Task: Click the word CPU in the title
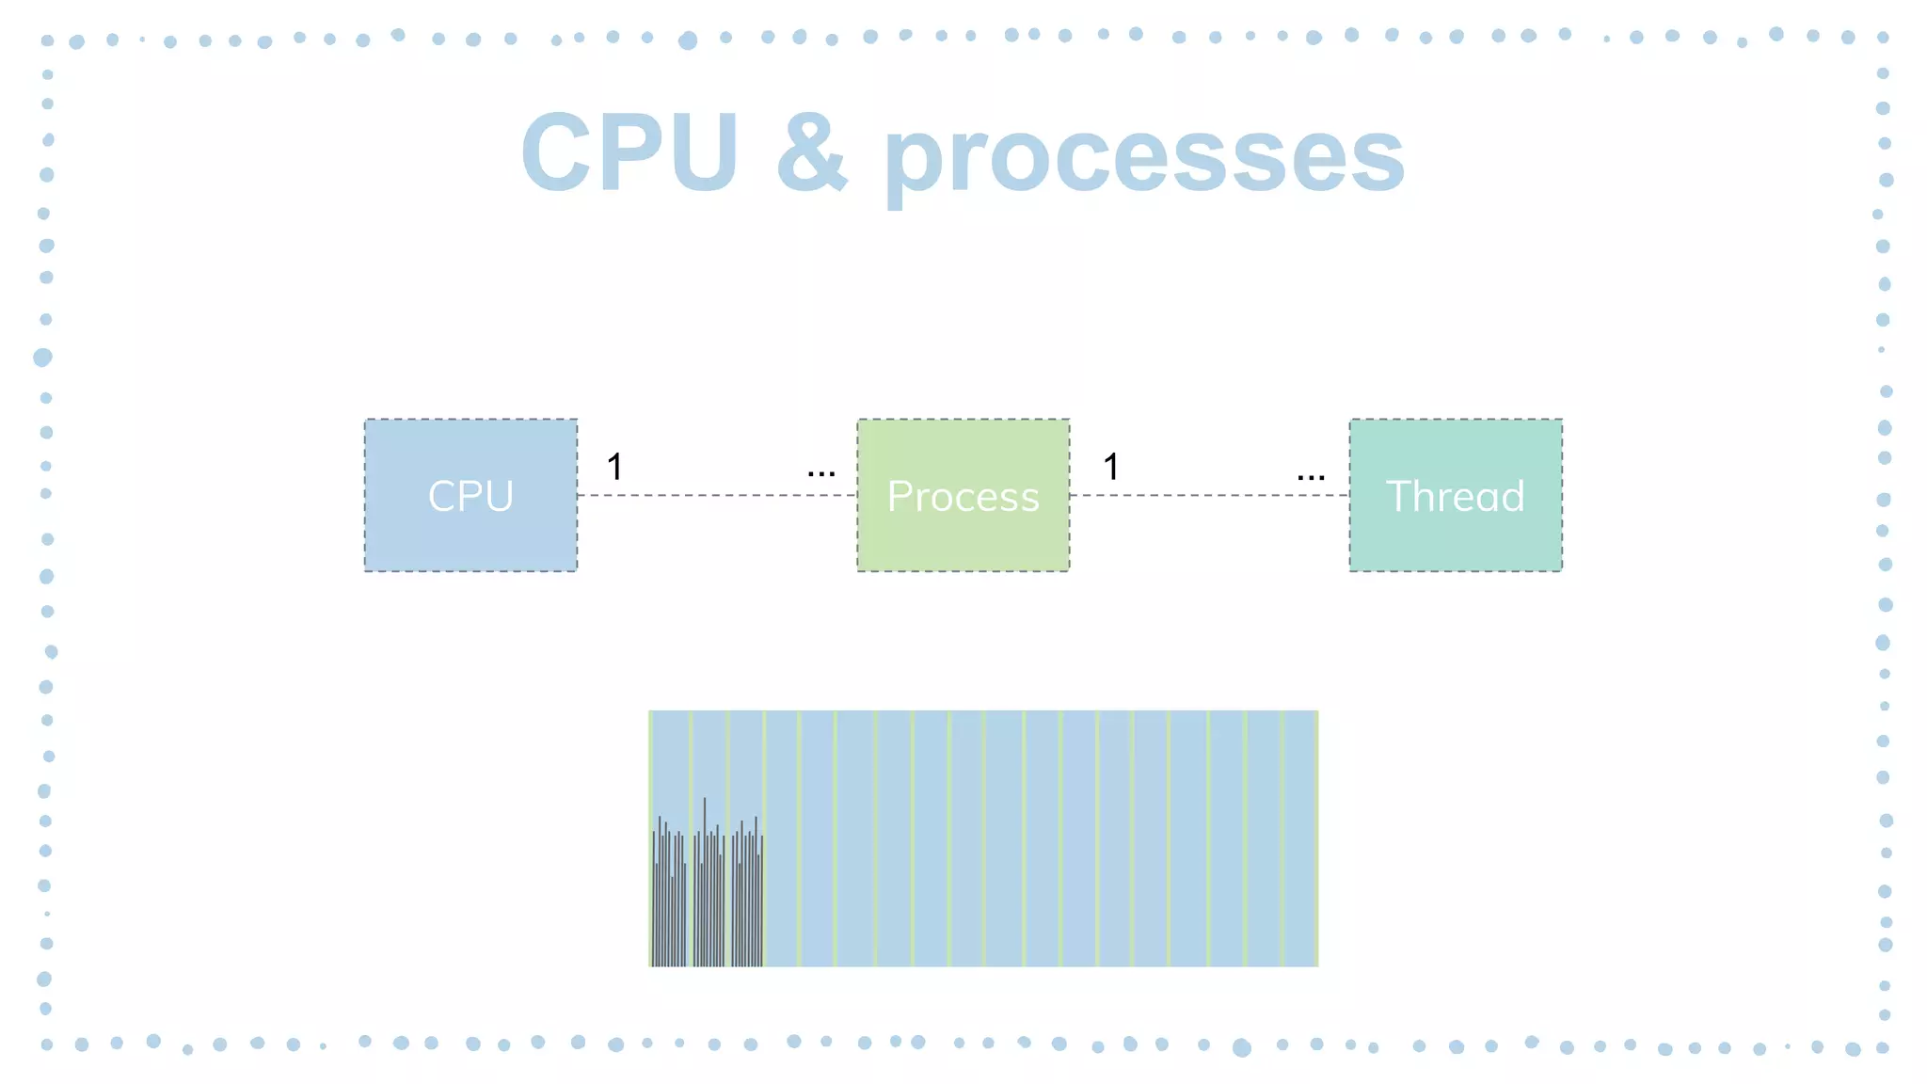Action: pos(629,152)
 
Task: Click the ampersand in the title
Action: pos(811,152)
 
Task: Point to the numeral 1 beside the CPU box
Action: pos(614,467)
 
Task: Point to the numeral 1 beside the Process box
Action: pos(1111,467)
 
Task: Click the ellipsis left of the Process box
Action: pos(821,473)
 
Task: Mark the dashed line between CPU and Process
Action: pos(715,495)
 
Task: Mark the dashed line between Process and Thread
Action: pos(1209,495)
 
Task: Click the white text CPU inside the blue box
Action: pos(470,496)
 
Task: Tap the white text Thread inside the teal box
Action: pos(1456,496)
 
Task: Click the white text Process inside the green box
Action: pos(963,496)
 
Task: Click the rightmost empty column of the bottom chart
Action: pos(1299,837)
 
